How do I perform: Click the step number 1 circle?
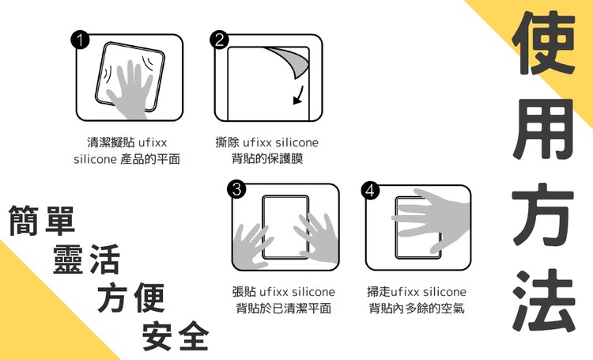pyautogui.click(x=80, y=40)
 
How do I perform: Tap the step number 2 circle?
pyautogui.click(x=219, y=40)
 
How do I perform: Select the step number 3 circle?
pyautogui.click(x=236, y=189)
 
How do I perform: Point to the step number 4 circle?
pyautogui.click(x=370, y=190)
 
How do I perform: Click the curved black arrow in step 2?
pyautogui.click(x=299, y=96)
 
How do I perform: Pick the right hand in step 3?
pyautogui.click(x=317, y=237)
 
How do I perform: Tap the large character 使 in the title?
pyautogui.click(x=543, y=43)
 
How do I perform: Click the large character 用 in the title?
pyautogui.click(x=543, y=129)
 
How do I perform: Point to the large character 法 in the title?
pyautogui.click(x=543, y=301)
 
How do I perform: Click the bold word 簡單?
pyautogui.click(x=42, y=221)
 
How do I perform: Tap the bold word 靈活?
pyautogui.click(x=87, y=260)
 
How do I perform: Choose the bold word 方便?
pyautogui.click(x=131, y=297)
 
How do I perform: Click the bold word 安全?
pyautogui.click(x=176, y=335)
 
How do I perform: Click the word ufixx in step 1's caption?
pyautogui.click(x=153, y=142)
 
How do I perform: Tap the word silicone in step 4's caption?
pyautogui.click(x=444, y=292)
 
